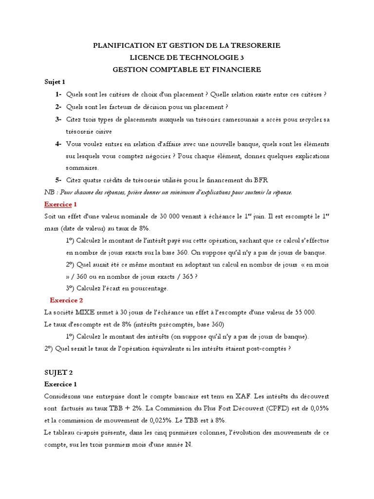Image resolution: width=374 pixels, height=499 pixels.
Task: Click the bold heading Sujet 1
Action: point(55,82)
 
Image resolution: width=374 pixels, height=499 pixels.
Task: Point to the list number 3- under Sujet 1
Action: point(58,119)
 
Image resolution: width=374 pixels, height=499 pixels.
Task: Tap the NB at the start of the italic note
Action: point(49,192)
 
